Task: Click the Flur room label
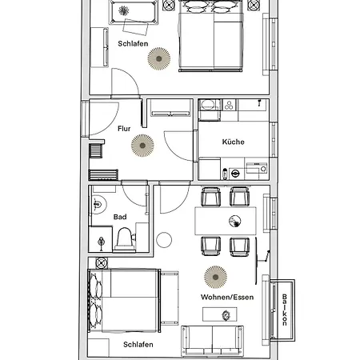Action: pyautogui.click(x=124, y=128)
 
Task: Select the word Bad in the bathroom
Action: pyautogui.click(x=120, y=216)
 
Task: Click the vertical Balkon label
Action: pyautogui.click(x=284, y=310)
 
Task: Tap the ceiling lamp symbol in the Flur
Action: pyautogui.click(x=142, y=144)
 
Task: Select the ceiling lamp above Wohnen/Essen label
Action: pyautogui.click(x=214, y=276)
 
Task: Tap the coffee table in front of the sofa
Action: pyautogui.click(x=214, y=314)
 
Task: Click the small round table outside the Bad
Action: pyautogui.click(x=165, y=238)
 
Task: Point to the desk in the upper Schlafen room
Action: pyautogui.click(x=128, y=11)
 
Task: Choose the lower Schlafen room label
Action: pyautogui.click(x=138, y=344)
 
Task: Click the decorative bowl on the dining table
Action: pyautogui.click(x=235, y=221)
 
